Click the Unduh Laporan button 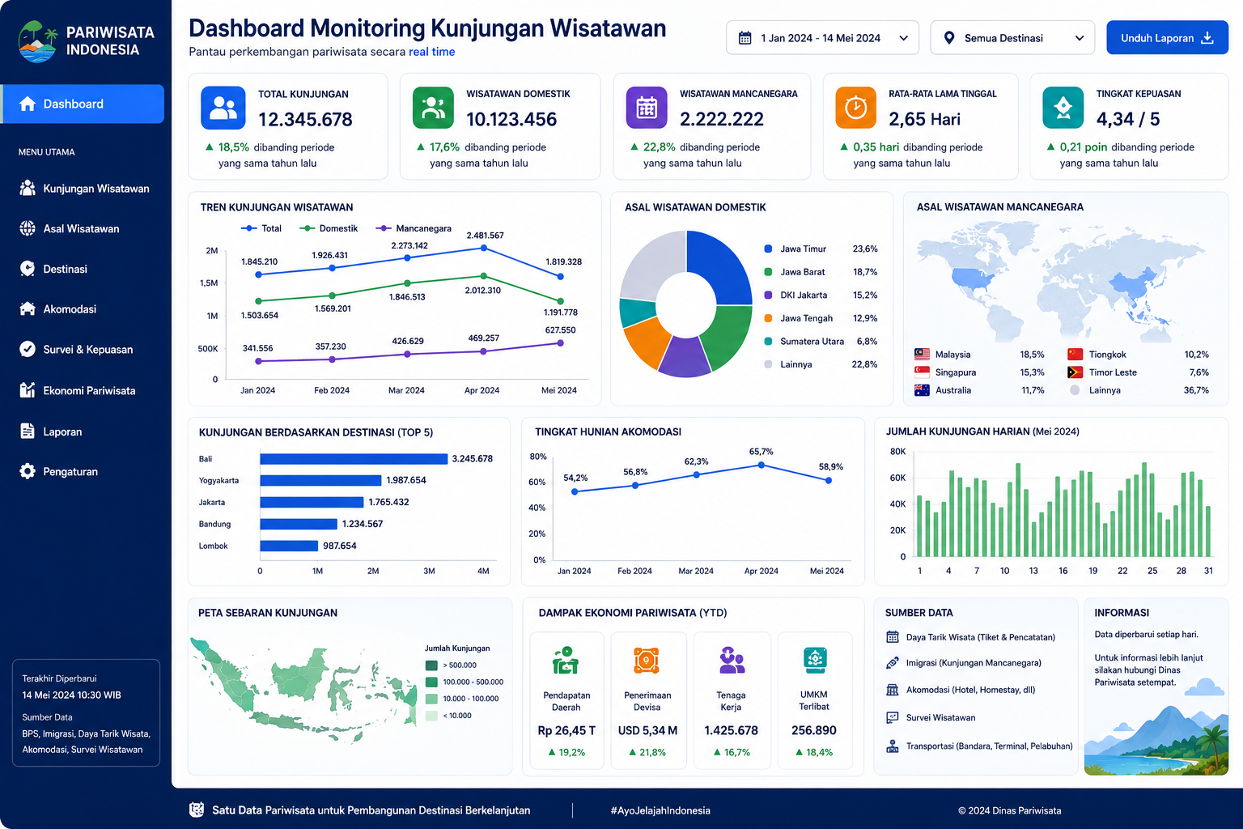tap(1167, 38)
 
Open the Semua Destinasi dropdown tap(1012, 38)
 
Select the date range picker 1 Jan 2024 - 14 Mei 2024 tap(822, 38)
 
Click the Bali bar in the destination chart tap(354, 459)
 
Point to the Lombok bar tap(289, 546)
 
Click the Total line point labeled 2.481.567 tap(484, 249)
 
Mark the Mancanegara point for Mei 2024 tap(561, 343)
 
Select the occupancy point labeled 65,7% tap(761, 466)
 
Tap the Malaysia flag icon tap(922, 355)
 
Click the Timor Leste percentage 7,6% tap(1198, 372)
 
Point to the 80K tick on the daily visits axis tap(897, 452)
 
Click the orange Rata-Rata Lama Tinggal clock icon tap(855, 107)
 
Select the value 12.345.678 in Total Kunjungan tap(305, 119)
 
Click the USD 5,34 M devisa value tap(647, 730)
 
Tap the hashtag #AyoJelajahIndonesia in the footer tap(660, 810)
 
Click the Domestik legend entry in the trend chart tap(329, 228)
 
